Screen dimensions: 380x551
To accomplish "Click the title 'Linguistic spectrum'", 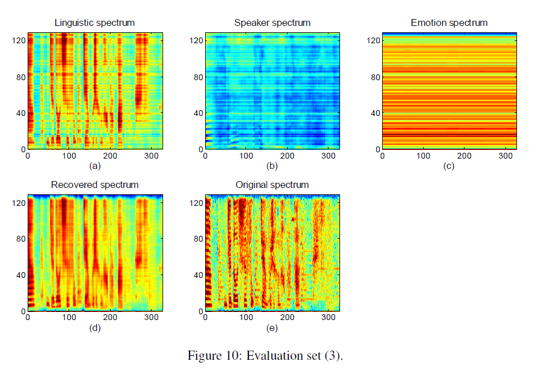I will pyautogui.click(x=95, y=23).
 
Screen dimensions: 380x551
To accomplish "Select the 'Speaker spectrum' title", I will pyautogui.click(x=272, y=23).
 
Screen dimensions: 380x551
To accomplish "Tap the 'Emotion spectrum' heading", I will pyautogui.click(x=449, y=23).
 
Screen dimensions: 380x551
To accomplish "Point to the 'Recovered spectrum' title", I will pyautogui.click(x=95, y=185).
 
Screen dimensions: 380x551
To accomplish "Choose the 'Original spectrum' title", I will pyautogui.click(x=272, y=185).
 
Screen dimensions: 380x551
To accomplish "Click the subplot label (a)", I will pyautogui.click(x=95, y=167).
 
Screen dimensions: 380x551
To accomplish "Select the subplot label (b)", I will pyautogui.click(x=272, y=167).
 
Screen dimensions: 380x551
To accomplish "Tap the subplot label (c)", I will pyautogui.click(x=449, y=167).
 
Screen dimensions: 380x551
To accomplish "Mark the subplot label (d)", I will pyautogui.click(x=95, y=329).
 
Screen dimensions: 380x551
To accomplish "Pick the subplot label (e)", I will pyautogui.click(x=272, y=329).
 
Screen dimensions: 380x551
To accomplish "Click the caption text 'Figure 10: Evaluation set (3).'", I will pyautogui.click(x=266, y=355).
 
